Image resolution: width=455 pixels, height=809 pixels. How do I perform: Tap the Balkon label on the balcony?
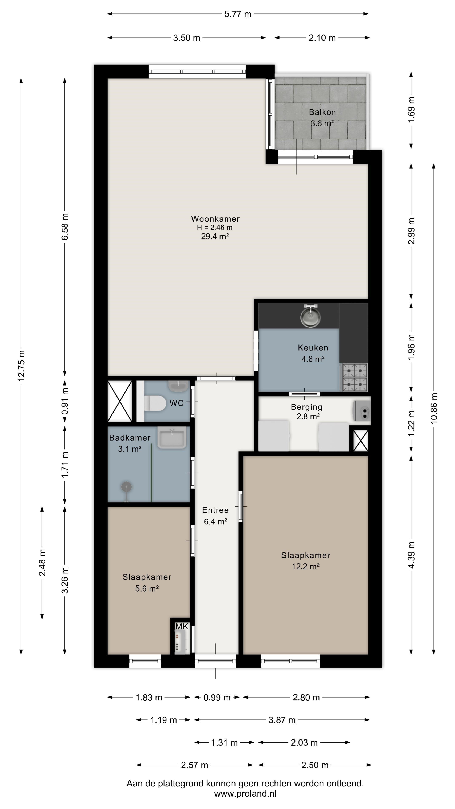click(322, 112)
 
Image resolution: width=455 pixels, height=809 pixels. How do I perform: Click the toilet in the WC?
click(155, 403)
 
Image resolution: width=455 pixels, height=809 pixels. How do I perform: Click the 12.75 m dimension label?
click(21, 366)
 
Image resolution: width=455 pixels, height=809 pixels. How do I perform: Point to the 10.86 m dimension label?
click(434, 408)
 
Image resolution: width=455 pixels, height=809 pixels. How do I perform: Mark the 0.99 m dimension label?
click(217, 698)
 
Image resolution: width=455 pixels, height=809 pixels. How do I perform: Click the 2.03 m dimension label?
click(304, 743)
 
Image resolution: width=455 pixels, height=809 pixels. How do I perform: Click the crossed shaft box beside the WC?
click(120, 401)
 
